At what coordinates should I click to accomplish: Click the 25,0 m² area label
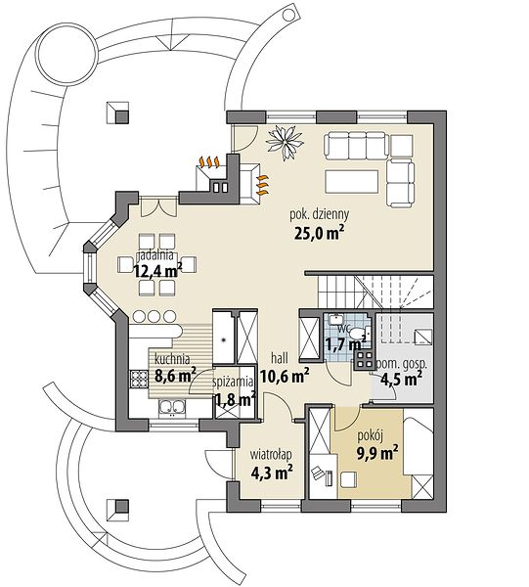coord(319,233)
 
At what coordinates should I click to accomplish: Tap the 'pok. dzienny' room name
coord(320,215)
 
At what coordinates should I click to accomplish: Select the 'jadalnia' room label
coord(156,256)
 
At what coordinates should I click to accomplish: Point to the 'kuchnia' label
coord(172,359)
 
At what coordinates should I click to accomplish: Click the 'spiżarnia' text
coord(233,383)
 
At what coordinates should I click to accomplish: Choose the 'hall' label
coord(280,359)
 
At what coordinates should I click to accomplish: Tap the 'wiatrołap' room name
coord(271,455)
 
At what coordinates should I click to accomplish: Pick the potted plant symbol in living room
coord(285,142)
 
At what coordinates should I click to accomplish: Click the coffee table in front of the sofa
coord(352,182)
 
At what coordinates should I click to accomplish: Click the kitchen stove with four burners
coord(139,379)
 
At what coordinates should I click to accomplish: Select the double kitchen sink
coord(172,408)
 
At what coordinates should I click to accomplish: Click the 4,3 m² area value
coord(272,474)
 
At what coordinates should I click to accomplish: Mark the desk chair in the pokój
coord(348,479)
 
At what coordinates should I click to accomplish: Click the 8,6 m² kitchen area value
coord(175,376)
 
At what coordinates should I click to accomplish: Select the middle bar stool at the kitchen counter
coord(154,317)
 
